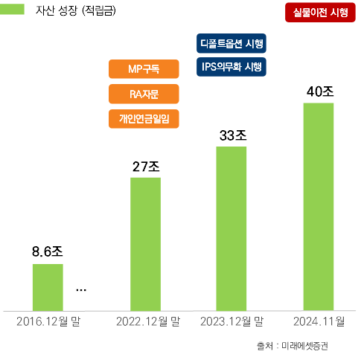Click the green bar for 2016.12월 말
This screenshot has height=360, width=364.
(x=47, y=286)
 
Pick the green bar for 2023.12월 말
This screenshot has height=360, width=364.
(x=231, y=228)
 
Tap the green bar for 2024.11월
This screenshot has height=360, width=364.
(x=319, y=206)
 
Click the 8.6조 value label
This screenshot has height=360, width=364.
(x=47, y=251)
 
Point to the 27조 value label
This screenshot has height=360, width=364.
(x=146, y=166)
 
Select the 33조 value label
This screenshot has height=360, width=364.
(x=232, y=136)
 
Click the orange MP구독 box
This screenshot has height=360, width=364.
(x=144, y=69)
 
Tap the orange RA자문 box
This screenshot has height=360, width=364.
(x=144, y=94)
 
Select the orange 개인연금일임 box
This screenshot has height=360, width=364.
(x=144, y=118)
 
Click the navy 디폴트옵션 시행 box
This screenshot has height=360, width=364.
(x=232, y=42)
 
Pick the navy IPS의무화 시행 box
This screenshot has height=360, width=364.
(x=232, y=67)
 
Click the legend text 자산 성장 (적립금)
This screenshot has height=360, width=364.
(x=82, y=12)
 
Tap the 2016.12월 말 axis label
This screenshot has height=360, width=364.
(x=48, y=322)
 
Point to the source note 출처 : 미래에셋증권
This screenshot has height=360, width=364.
(x=292, y=346)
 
